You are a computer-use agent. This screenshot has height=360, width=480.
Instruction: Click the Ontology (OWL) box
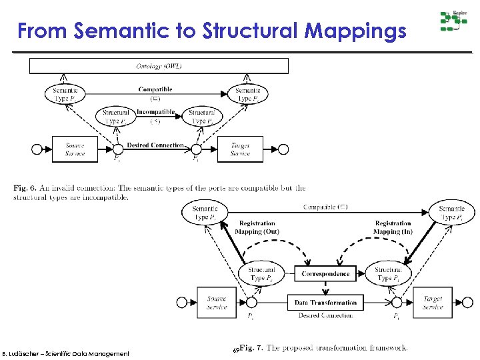(x=159, y=66)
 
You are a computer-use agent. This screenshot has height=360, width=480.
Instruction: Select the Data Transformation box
(x=325, y=302)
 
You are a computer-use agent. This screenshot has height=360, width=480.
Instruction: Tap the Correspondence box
(x=325, y=273)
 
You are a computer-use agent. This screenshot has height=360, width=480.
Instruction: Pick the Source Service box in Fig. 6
(x=75, y=149)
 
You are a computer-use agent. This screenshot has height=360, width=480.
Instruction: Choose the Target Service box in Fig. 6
(x=240, y=149)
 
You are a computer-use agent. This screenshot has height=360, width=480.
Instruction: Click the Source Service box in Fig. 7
(x=216, y=303)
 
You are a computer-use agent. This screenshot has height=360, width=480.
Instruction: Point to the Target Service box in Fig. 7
(x=433, y=303)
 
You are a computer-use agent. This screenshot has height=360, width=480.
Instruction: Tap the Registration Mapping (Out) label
(x=257, y=227)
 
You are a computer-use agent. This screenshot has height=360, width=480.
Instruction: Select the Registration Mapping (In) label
(x=393, y=227)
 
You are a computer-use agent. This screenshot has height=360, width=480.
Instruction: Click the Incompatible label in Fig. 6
(x=156, y=112)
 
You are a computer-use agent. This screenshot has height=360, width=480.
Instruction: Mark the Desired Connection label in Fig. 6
(x=155, y=145)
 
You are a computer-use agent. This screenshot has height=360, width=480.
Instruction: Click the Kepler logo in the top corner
(x=453, y=21)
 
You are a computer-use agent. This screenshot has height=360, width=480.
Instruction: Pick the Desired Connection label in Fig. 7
(x=325, y=315)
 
